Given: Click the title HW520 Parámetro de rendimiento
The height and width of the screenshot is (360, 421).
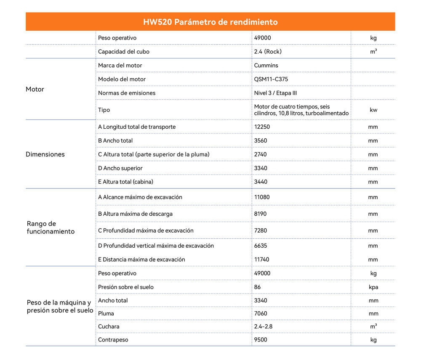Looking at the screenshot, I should pos(210,22).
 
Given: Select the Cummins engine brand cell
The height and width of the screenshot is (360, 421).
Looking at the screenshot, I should pos(266,66).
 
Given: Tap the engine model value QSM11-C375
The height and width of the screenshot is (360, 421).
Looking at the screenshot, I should pos(271,79).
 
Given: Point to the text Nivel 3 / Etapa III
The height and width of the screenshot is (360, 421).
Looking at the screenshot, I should pos(276,93).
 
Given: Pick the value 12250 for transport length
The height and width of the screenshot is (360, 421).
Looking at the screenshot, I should pos(262,127).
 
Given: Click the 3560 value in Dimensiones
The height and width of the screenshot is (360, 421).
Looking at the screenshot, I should pos(261,141).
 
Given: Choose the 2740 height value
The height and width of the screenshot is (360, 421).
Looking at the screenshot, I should pos(261,154).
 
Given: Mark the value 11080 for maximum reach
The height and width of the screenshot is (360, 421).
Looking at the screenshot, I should pos(262,197).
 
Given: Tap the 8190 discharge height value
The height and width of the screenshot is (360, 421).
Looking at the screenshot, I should pos(261,214).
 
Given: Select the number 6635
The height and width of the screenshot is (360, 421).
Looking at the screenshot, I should pos(261,246).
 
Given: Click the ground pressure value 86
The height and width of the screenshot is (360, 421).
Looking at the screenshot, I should pos(258,287).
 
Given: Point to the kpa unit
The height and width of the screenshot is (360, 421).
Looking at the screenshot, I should pos(373,287).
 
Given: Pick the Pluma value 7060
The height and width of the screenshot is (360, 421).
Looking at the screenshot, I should pos(261,314).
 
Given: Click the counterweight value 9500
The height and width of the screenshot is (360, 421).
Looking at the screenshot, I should pos(261,340).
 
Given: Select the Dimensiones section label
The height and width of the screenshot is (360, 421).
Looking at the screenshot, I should pos(45,154).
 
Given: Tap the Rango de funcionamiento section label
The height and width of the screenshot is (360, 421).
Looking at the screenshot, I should pos(51,228).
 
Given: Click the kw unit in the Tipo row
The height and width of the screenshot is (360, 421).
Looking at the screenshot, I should pos(373,110).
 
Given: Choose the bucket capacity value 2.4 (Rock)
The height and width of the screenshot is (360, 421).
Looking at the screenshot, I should pos(268,52).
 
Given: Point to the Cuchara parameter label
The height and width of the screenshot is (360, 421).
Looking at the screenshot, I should pos(109,327).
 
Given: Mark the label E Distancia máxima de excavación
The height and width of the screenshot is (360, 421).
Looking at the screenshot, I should pos(141,260).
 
